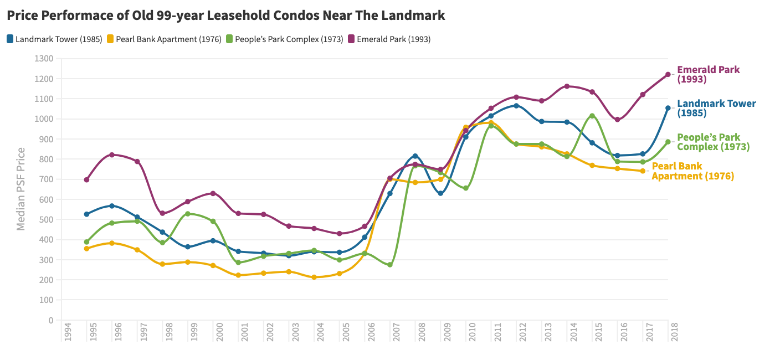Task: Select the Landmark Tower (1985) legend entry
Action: pos(54,39)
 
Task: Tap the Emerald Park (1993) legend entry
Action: pos(389,39)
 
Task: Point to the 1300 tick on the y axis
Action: pos(44,59)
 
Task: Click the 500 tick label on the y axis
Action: pos(46,219)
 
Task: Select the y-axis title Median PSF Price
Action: pos(21,189)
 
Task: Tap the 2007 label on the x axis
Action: pos(396,332)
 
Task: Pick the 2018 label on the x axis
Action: pos(674,332)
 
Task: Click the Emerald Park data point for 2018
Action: pos(668,74)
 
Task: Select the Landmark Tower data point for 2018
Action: pos(668,108)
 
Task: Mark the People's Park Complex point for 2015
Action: pos(592,116)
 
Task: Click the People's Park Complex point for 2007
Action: pos(389,265)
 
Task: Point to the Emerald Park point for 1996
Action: pos(111,155)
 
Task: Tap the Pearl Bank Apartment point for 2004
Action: pos(314,277)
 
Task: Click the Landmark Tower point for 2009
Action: pos(440,193)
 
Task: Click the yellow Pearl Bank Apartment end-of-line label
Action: pos(692,171)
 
